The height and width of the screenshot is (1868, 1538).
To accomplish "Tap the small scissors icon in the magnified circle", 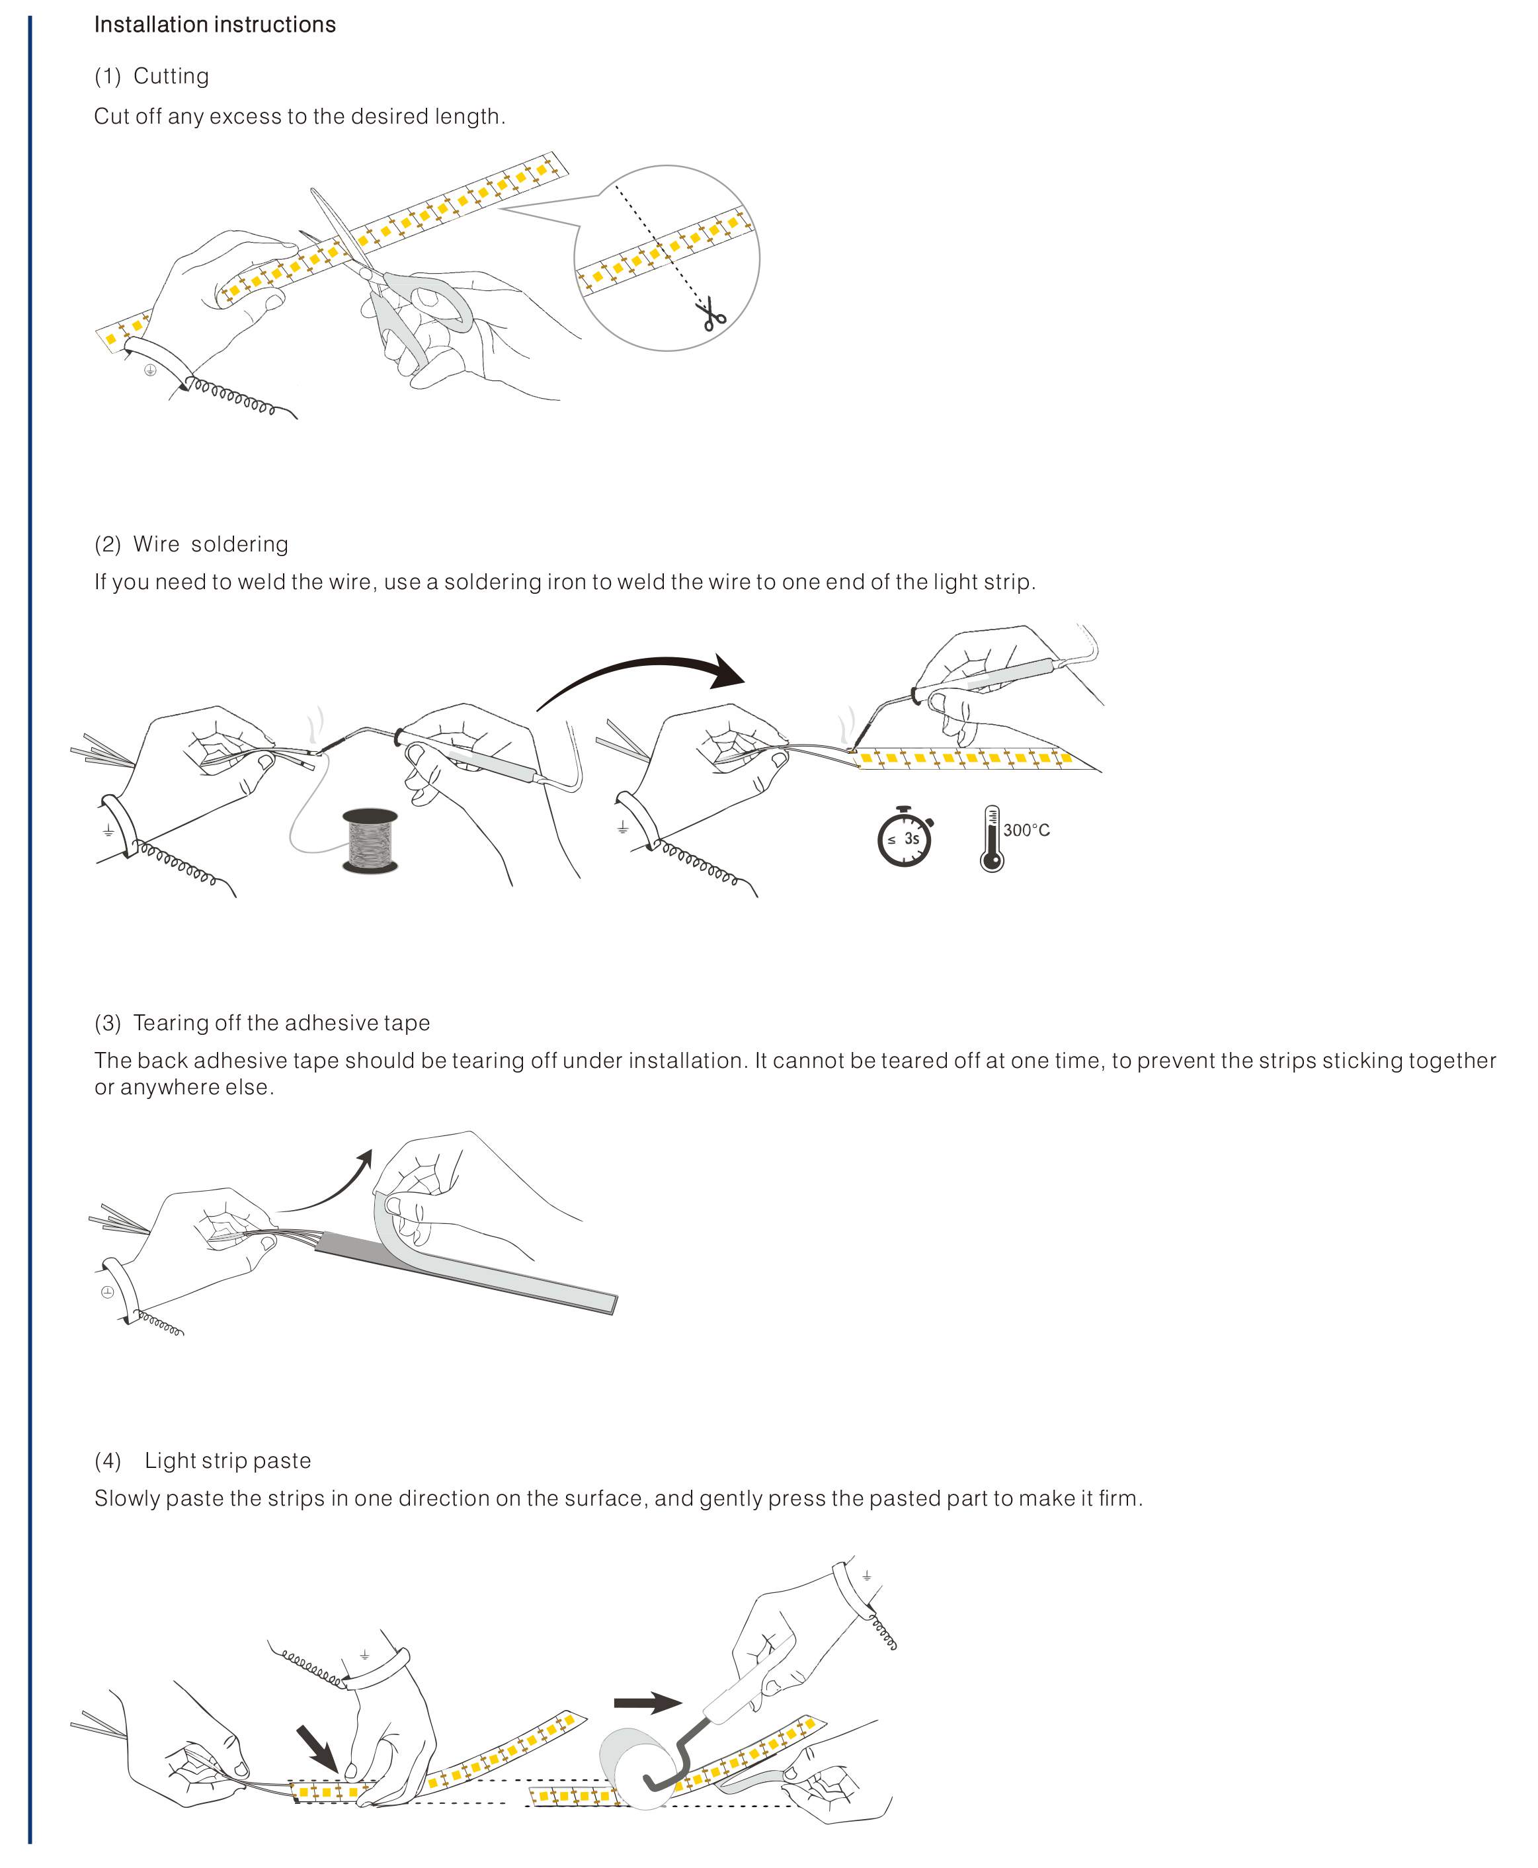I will [712, 315].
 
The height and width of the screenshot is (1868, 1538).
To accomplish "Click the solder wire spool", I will [370, 840].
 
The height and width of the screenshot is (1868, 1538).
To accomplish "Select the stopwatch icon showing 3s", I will [905, 837].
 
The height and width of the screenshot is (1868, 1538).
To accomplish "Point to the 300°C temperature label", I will [1027, 830].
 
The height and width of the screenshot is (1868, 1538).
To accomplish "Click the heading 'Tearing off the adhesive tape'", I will [281, 1023].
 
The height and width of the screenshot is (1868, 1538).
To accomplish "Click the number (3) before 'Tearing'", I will [108, 1023].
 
